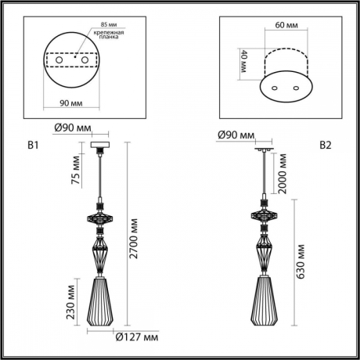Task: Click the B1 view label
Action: [x=34, y=145]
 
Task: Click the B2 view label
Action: [x=325, y=145]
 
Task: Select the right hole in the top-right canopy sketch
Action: [x=296, y=88]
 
